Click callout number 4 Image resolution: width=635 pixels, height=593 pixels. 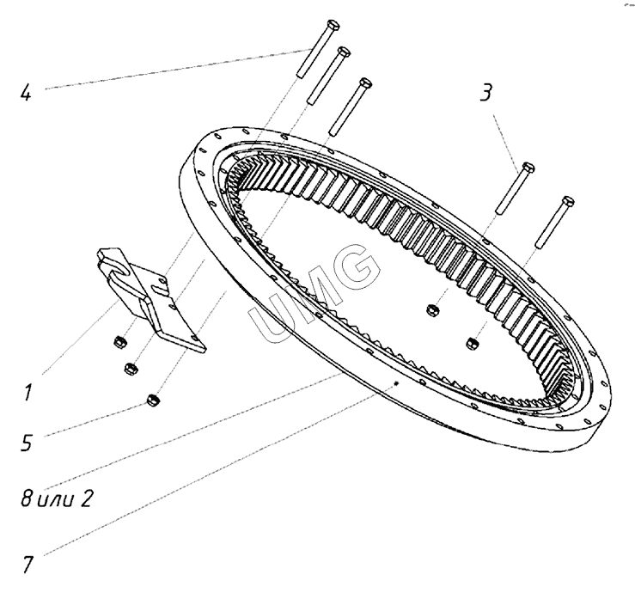pyautogui.click(x=26, y=89)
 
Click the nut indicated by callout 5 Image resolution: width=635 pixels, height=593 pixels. pyautogui.click(x=152, y=400)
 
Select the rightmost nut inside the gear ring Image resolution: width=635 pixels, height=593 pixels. pyautogui.click(x=473, y=344)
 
